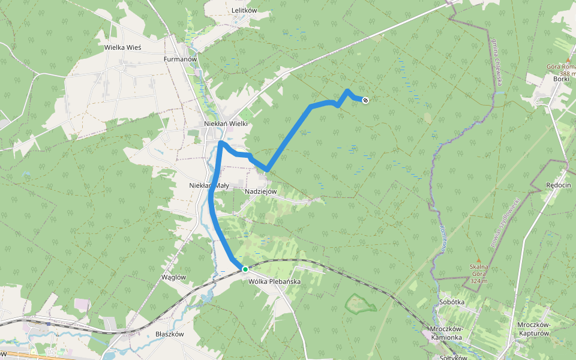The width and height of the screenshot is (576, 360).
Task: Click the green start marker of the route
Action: pyautogui.click(x=245, y=269)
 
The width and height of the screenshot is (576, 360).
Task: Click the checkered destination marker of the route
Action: pyautogui.click(x=365, y=100)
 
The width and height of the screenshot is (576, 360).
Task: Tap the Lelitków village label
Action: pyautogui.click(x=244, y=11)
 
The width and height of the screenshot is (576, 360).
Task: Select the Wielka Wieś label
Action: pyautogui.click(x=122, y=47)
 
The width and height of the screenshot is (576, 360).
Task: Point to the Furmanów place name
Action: pyautogui.click(x=181, y=60)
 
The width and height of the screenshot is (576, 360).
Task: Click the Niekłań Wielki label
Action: pyautogui.click(x=226, y=124)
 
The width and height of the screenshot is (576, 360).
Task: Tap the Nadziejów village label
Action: pyautogui.click(x=261, y=191)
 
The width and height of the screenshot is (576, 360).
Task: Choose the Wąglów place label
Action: pyautogui.click(x=174, y=277)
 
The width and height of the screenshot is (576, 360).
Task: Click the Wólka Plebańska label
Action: pyautogui.click(x=274, y=281)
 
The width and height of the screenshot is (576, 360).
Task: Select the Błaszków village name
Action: pyautogui.click(x=169, y=334)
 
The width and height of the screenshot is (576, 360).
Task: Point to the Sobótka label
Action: pyautogui.click(x=452, y=302)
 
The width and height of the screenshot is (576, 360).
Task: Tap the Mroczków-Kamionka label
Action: pyautogui.click(x=446, y=333)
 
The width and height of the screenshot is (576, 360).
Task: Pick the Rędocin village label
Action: pyautogui.click(x=558, y=185)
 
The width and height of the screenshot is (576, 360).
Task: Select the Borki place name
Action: pyautogui.click(x=562, y=79)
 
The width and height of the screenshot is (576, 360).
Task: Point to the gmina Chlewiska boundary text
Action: pyautogui.click(x=497, y=65)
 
